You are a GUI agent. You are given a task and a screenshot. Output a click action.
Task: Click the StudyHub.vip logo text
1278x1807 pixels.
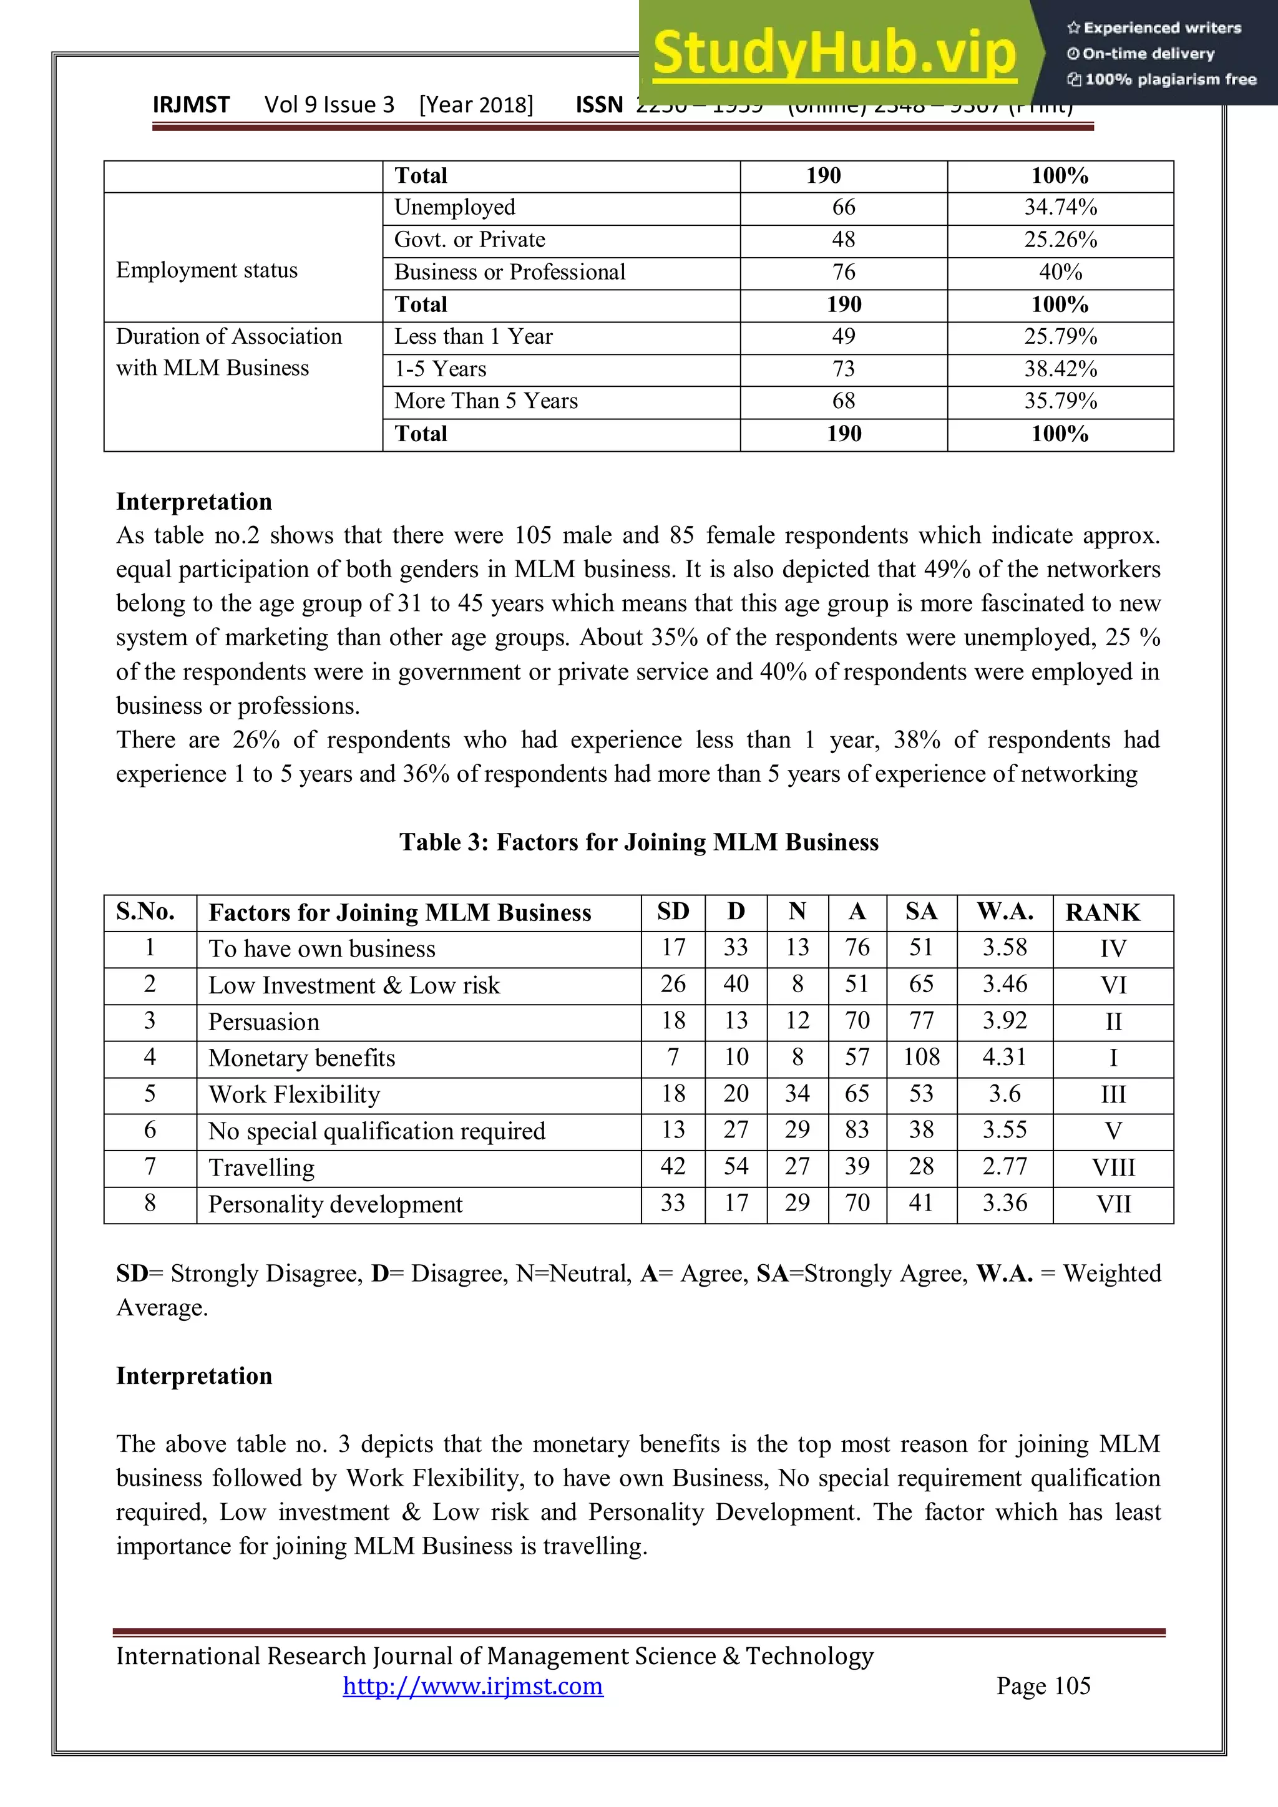(834, 54)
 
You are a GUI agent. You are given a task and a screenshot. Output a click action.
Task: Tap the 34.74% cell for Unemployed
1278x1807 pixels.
(1060, 208)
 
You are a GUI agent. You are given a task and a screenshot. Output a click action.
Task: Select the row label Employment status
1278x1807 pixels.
(207, 271)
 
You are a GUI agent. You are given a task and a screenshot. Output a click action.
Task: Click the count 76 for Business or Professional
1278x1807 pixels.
(844, 272)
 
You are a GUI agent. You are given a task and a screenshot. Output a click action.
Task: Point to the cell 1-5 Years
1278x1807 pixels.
(441, 369)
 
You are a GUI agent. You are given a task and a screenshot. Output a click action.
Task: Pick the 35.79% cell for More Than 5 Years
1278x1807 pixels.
(1060, 401)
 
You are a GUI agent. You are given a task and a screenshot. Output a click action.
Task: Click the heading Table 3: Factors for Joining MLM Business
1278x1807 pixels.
(638, 842)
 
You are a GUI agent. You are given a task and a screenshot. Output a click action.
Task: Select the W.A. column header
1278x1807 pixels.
(1005, 912)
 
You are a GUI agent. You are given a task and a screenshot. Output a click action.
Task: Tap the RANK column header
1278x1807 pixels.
(1103, 913)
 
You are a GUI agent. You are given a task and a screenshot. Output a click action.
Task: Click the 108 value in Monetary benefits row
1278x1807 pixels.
(922, 1058)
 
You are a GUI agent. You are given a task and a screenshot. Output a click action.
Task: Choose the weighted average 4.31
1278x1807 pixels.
(1005, 1058)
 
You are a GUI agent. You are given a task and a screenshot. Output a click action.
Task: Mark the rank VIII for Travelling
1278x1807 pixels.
(1113, 1168)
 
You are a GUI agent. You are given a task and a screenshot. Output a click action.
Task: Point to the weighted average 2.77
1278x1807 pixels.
(1005, 1167)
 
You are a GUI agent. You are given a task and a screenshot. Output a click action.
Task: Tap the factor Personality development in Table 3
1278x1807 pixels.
(335, 1205)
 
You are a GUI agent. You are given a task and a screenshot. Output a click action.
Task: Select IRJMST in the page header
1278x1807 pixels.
(191, 105)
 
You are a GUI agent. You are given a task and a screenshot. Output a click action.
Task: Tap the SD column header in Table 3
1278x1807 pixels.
(673, 912)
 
